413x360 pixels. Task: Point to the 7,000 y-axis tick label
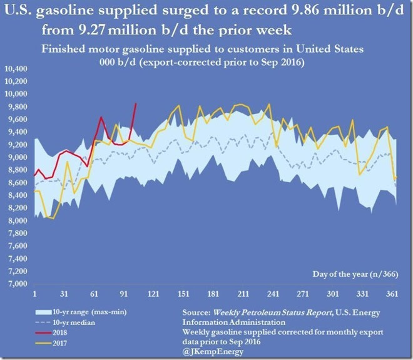pyautogui.click(x=18, y=284)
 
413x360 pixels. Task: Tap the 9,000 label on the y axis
pyautogui.click(x=18, y=157)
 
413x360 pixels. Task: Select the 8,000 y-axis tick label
pyautogui.click(x=18, y=220)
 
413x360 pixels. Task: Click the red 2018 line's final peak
pyautogui.click(x=136, y=103)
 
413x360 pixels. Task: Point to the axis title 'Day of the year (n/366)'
pyautogui.click(x=354, y=274)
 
